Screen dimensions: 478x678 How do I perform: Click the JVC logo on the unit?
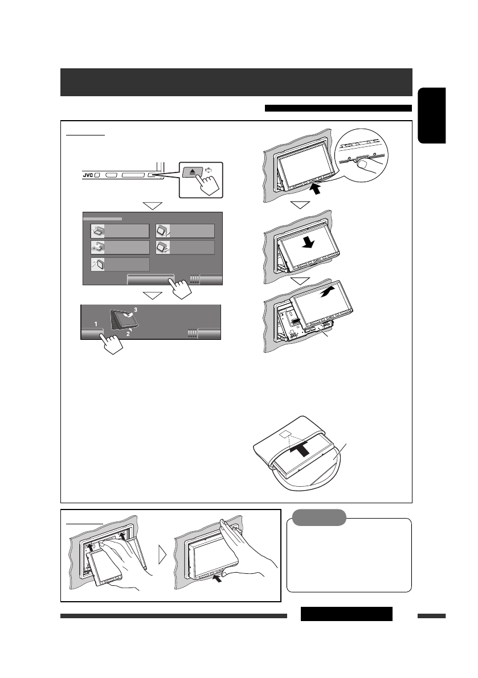coord(84,175)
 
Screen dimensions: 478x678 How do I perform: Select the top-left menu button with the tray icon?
coord(120,231)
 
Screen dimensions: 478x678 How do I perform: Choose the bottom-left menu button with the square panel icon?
coord(120,264)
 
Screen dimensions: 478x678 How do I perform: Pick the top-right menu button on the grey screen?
coord(185,231)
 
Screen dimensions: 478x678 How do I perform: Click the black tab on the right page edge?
coord(431,116)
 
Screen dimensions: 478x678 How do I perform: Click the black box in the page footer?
coord(346,614)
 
